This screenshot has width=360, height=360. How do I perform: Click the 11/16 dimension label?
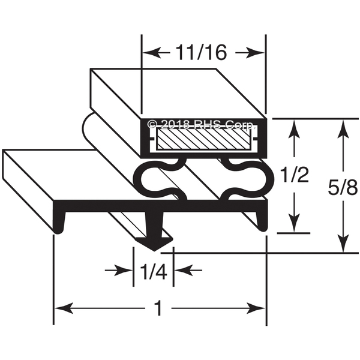202,53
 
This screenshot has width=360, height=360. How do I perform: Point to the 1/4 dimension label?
153,271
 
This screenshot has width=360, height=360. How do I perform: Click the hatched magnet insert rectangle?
203,139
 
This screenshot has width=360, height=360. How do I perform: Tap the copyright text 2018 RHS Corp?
202,124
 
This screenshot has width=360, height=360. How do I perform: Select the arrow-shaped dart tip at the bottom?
154,244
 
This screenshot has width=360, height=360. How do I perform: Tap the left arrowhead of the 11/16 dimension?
151,53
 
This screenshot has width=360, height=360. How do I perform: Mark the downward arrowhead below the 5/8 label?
343,243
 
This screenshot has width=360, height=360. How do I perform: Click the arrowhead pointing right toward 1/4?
124,270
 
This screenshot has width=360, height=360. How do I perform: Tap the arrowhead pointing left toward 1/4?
183,270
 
